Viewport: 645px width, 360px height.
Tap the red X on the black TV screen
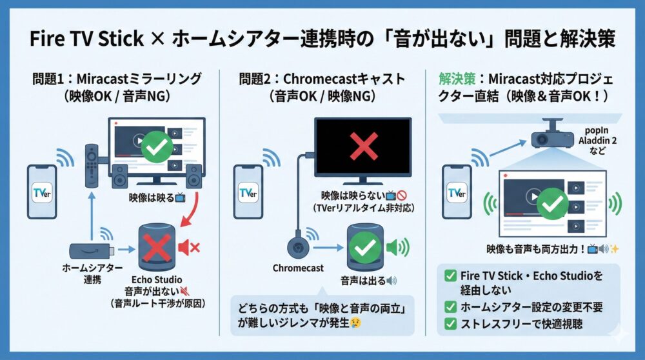tap(364, 146)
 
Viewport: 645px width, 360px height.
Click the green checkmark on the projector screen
tap(553, 205)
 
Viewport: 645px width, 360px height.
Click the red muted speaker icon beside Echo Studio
tap(188, 247)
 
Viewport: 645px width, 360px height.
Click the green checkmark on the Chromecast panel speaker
tap(366, 247)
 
